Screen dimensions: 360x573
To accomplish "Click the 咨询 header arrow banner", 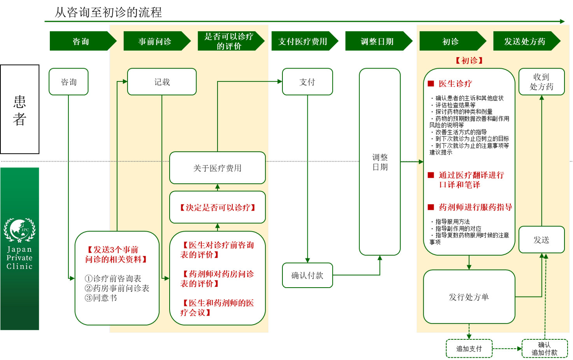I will [x=81, y=41].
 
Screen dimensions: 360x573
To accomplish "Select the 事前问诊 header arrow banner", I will [x=155, y=41].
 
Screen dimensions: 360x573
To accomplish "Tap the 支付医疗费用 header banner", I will [x=303, y=41].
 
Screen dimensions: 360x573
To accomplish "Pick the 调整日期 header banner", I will [x=377, y=41].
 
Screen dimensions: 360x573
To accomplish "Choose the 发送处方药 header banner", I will [x=525, y=41].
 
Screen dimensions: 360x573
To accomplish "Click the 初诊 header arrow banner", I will [x=450, y=41].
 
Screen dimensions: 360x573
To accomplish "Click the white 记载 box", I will [x=162, y=82].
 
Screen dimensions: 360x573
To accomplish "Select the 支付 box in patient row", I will [x=307, y=82].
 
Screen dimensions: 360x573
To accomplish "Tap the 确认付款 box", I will [x=307, y=275].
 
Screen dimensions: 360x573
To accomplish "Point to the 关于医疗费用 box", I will [x=217, y=168].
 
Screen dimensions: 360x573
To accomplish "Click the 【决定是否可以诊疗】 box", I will [x=217, y=207].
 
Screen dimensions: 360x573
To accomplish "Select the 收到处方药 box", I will [x=541, y=82].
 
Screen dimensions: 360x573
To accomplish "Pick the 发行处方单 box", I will [x=469, y=297].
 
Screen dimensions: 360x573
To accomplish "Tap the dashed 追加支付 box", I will [x=469, y=348].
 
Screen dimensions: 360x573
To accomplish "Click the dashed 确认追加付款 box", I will [x=544, y=348].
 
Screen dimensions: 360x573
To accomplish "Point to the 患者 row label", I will [x=19, y=110].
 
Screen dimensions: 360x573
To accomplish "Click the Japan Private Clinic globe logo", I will [x=19, y=230].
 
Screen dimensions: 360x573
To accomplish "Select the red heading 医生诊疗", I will [x=455, y=84].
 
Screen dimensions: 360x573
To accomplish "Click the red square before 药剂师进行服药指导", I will [x=431, y=207].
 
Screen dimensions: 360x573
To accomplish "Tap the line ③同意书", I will [x=101, y=298].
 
